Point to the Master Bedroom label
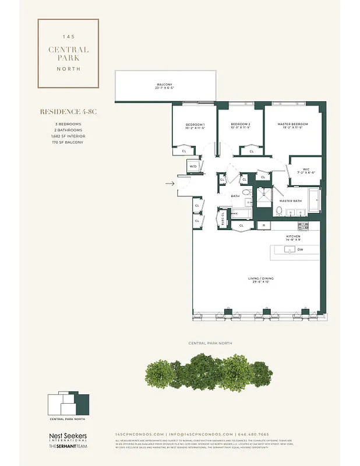click(x=293, y=125)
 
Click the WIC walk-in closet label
click(x=306, y=171)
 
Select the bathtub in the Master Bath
click(x=313, y=201)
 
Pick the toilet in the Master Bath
click(x=279, y=210)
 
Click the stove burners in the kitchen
click(x=303, y=225)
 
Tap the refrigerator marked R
click(x=263, y=225)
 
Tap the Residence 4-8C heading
click(x=68, y=111)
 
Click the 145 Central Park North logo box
click(x=68, y=54)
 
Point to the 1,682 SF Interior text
click(x=68, y=136)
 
